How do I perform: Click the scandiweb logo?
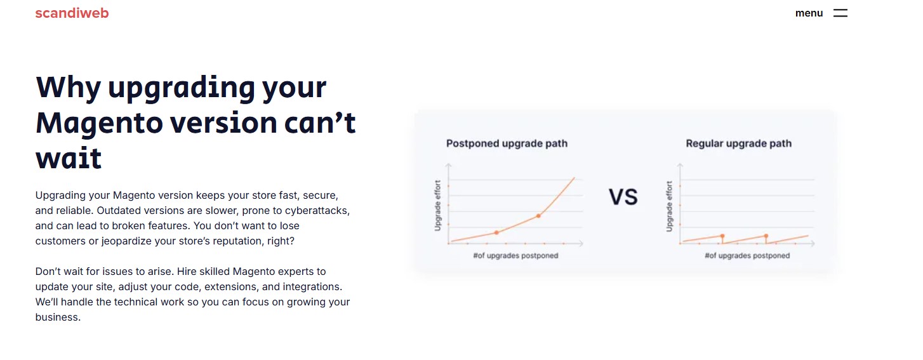coord(72,13)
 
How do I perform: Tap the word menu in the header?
coord(809,13)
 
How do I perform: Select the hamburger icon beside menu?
coord(840,13)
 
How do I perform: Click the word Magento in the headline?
coord(99,123)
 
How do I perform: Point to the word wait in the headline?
coord(69,158)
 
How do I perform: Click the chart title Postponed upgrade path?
coord(507,143)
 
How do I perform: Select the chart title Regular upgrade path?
coord(738,143)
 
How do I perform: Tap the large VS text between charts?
coord(623,197)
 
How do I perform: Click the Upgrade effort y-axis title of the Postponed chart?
coord(437,206)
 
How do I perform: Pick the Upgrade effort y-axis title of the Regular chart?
coord(669,206)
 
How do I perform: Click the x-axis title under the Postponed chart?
coord(516,255)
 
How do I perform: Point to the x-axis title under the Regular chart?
coord(747,255)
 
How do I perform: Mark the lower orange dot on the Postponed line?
coord(496,233)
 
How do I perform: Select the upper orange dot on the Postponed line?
coord(538,216)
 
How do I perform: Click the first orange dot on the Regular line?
coord(722,236)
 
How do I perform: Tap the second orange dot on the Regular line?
coord(766,236)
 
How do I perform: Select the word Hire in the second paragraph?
coord(186,272)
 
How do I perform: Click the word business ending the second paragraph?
coord(58,317)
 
